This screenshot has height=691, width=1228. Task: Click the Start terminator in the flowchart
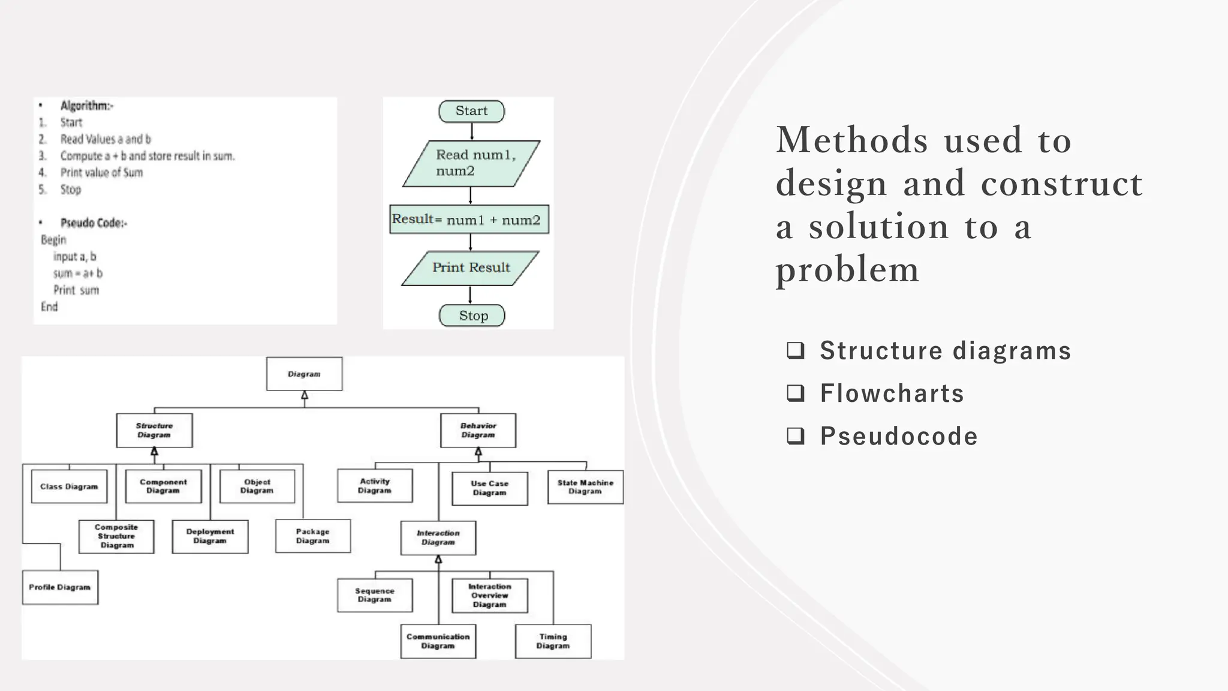pyautogui.click(x=471, y=111)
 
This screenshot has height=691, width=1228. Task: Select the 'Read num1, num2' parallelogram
pyautogui.click(x=471, y=163)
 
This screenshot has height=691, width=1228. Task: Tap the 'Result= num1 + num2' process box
pyautogui.click(x=468, y=220)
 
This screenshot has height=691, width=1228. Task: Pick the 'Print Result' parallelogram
pyautogui.click(x=471, y=268)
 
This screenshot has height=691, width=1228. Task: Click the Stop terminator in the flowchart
pyautogui.click(x=472, y=316)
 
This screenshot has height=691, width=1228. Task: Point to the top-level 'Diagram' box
pyautogui.click(x=304, y=374)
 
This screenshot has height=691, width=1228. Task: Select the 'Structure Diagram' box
pyautogui.click(x=154, y=430)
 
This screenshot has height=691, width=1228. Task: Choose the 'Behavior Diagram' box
pyautogui.click(x=478, y=430)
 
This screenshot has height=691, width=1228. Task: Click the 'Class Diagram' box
pyautogui.click(x=69, y=486)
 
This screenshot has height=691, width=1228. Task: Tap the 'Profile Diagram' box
pyautogui.click(x=60, y=587)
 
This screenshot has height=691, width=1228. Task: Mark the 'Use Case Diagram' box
pyautogui.click(x=490, y=488)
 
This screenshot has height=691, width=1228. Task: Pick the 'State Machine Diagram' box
pyautogui.click(x=585, y=487)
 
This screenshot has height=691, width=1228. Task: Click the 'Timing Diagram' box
pyautogui.click(x=553, y=641)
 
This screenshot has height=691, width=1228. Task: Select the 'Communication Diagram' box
pyautogui.click(x=438, y=641)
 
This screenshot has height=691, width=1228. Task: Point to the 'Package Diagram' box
pyautogui.click(x=313, y=536)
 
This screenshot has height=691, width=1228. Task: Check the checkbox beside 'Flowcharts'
pyautogui.click(x=796, y=393)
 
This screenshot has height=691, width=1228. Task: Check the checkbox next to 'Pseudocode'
pyautogui.click(x=796, y=435)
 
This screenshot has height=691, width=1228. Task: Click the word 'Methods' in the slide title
pyautogui.click(x=852, y=140)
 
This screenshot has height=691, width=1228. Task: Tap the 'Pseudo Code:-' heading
pyautogui.click(x=94, y=223)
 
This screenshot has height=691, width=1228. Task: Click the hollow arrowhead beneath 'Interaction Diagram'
pyautogui.click(x=438, y=560)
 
